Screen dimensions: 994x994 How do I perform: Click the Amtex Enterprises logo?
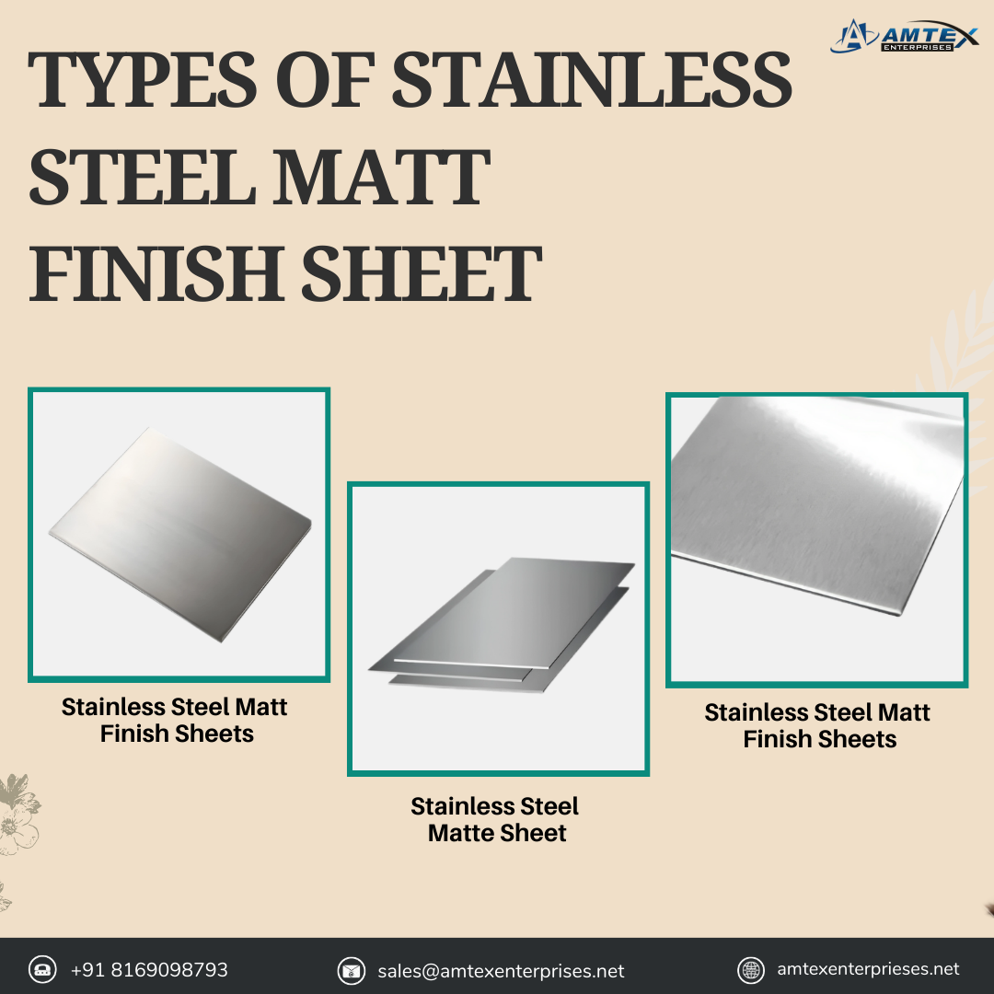904,36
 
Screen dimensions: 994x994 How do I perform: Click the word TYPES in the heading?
143,80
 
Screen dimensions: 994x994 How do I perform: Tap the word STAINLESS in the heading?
592,80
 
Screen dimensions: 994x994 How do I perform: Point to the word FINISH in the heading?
156,274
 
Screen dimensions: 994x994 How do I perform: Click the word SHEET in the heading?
421,274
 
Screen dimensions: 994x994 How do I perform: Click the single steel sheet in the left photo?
180,534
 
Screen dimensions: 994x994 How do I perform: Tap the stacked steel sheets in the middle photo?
501,624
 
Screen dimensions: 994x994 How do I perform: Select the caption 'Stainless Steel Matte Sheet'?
495,820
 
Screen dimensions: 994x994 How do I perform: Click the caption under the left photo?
175,720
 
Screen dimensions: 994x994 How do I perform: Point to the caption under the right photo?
818,726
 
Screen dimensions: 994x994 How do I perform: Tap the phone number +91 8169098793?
149,970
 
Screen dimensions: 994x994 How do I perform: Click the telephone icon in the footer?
42,970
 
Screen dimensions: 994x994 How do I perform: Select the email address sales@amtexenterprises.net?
501,971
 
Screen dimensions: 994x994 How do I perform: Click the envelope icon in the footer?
352,971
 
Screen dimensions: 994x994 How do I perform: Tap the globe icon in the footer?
751,971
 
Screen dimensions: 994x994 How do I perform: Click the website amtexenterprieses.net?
868,969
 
